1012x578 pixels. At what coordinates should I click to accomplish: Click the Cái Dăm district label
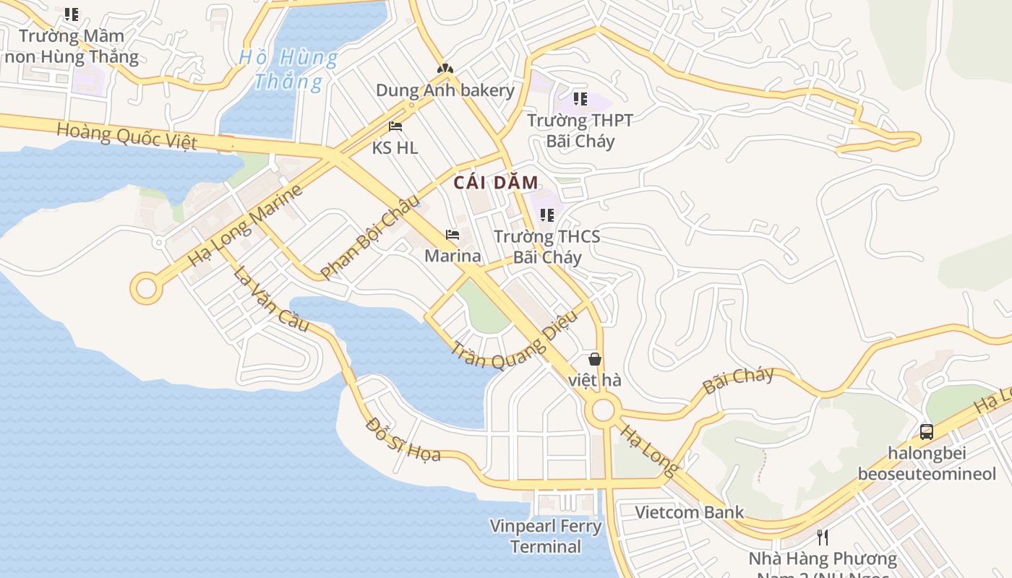click(496, 183)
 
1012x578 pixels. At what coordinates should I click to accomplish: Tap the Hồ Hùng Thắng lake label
click(288, 69)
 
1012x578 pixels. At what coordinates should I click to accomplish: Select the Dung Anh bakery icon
click(445, 69)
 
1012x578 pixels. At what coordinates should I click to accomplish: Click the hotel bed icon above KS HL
click(395, 126)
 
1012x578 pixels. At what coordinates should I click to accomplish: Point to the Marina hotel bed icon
click(453, 235)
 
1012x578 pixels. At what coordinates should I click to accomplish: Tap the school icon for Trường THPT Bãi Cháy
click(580, 99)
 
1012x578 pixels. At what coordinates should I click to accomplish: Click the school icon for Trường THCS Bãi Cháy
click(547, 215)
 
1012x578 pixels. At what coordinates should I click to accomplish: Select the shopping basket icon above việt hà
click(594, 359)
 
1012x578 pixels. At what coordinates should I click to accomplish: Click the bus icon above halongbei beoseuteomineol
click(926, 432)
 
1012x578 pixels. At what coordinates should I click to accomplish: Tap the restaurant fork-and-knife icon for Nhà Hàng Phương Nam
click(822, 537)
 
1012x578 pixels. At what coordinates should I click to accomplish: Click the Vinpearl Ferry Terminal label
click(546, 536)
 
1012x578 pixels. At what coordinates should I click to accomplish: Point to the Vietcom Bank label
click(689, 512)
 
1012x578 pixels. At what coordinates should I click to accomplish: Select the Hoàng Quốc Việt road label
click(126, 135)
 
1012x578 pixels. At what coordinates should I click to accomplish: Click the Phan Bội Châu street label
click(369, 237)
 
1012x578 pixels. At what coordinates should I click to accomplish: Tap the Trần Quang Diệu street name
click(515, 340)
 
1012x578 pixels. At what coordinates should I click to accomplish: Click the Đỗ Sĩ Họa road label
click(403, 439)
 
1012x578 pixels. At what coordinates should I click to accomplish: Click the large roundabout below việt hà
click(603, 411)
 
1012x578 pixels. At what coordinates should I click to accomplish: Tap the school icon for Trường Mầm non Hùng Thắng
click(71, 14)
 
